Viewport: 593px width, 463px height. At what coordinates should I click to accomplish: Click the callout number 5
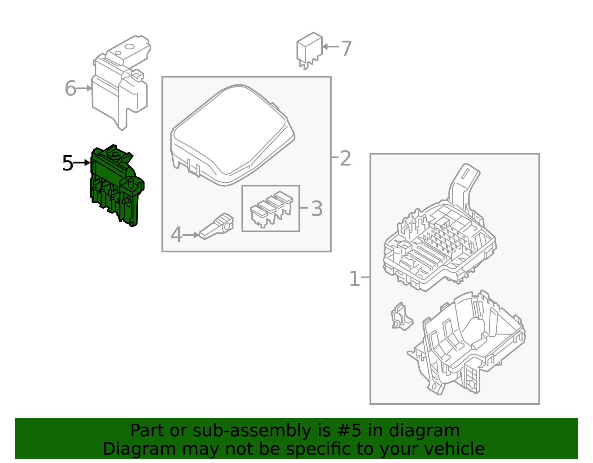tap(68, 163)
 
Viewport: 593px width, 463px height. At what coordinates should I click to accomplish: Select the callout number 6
tap(70, 88)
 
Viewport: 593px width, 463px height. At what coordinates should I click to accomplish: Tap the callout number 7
tap(346, 48)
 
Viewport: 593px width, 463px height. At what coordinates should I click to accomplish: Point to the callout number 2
tap(345, 158)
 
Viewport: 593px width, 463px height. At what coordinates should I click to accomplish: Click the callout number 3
tap(317, 209)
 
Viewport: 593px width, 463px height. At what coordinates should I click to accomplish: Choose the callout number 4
tap(176, 234)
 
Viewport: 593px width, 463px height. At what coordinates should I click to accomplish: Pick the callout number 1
tap(354, 278)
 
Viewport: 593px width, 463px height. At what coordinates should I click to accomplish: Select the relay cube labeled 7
tap(309, 50)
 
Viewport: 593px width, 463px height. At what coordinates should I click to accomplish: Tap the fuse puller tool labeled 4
tap(216, 227)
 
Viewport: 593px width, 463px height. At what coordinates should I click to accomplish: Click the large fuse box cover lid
tap(232, 135)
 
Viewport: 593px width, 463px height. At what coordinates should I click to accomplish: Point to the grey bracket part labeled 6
tap(121, 82)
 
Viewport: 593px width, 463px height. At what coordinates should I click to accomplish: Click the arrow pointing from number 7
tap(331, 47)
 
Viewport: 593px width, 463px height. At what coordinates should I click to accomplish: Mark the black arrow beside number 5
tap(82, 163)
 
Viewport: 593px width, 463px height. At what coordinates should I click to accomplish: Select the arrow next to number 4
tap(191, 235)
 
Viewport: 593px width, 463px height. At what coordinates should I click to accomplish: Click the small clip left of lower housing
tap(402, 317)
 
